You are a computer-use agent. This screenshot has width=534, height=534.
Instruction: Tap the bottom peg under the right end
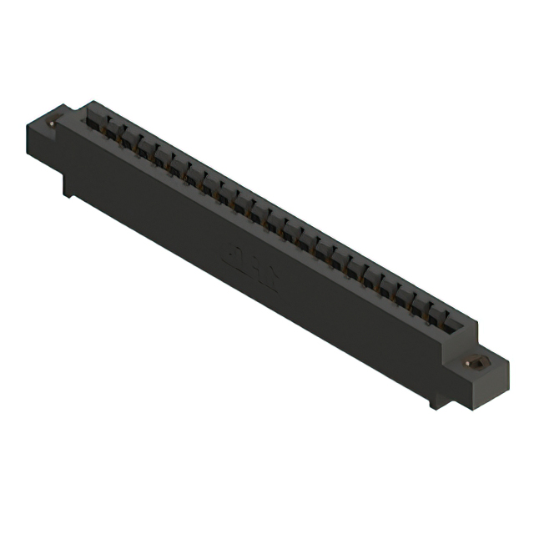[434, 399]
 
